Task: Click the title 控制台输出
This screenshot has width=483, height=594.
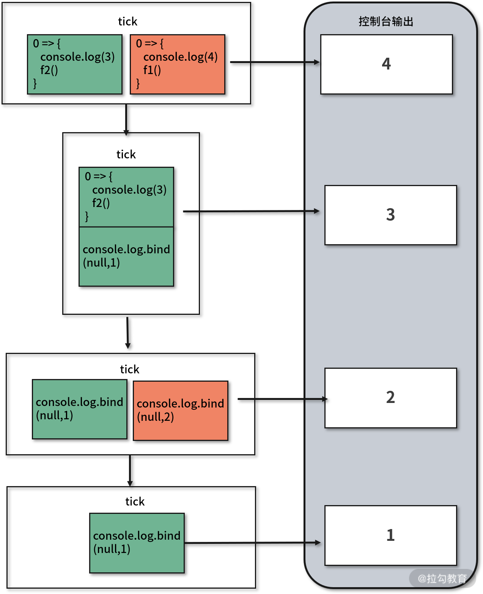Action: click(386, 22)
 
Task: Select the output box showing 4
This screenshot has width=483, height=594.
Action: click(386, 64)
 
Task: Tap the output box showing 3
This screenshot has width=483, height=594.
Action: click(390, 215)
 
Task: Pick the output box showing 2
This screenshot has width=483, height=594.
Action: click(390, 398)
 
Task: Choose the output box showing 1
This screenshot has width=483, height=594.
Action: click(390, 535)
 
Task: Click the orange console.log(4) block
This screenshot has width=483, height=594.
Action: click(178, 64)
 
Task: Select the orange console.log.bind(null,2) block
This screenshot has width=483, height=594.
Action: click(181, 411)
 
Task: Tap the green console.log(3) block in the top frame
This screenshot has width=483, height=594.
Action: click(75, 64)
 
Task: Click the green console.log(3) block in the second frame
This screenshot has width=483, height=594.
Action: click(126, 197)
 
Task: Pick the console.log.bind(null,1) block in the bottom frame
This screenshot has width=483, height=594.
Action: click(137, 543)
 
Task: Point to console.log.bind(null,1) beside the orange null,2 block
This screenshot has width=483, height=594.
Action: click(80, 409)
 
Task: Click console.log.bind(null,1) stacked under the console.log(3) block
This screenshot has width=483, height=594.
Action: click(126, 256)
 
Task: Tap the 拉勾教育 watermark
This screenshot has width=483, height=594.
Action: click(442, 578)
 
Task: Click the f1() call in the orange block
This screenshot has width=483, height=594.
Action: click(152, 70)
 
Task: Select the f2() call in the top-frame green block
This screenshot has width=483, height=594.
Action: click(49, 70)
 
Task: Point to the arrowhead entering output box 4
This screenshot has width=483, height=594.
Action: click(316, 62)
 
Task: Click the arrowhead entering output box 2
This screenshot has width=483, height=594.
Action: click(324, 399)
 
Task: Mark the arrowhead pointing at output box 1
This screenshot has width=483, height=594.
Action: click(317, 543)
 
